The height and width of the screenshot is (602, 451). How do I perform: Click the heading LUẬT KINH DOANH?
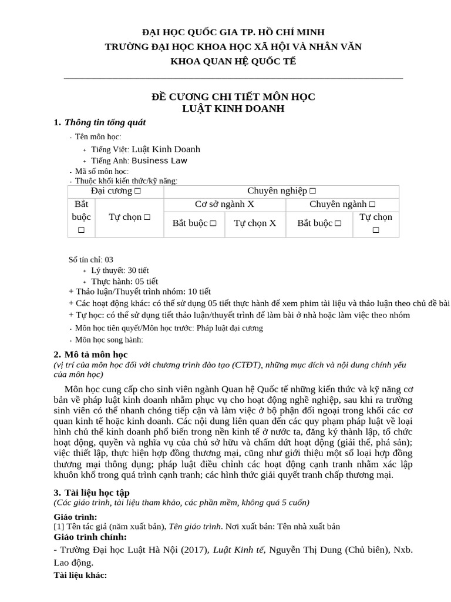[x=234, y=108]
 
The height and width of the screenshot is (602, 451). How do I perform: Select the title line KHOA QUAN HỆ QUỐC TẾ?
[x=233, y=61]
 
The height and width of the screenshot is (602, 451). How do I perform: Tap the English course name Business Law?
[x=160, y=160]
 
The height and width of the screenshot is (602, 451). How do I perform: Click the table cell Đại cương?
[x=116, y=191]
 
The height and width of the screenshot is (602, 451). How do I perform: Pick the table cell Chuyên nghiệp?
[x=281, y=191]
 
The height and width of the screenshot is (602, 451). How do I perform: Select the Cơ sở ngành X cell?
[x=225, y=204]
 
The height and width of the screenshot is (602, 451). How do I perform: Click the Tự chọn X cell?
[x=255, y=223]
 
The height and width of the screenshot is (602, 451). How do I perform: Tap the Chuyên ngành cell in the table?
[x=342, y=204]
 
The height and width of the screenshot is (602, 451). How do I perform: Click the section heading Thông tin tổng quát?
[x=105, y=123]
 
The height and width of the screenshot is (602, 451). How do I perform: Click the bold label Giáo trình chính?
[x=90, y=537]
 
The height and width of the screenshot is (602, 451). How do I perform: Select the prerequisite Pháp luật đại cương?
[x=230, y=328]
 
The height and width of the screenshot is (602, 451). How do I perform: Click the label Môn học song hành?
[x=109, y=339]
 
